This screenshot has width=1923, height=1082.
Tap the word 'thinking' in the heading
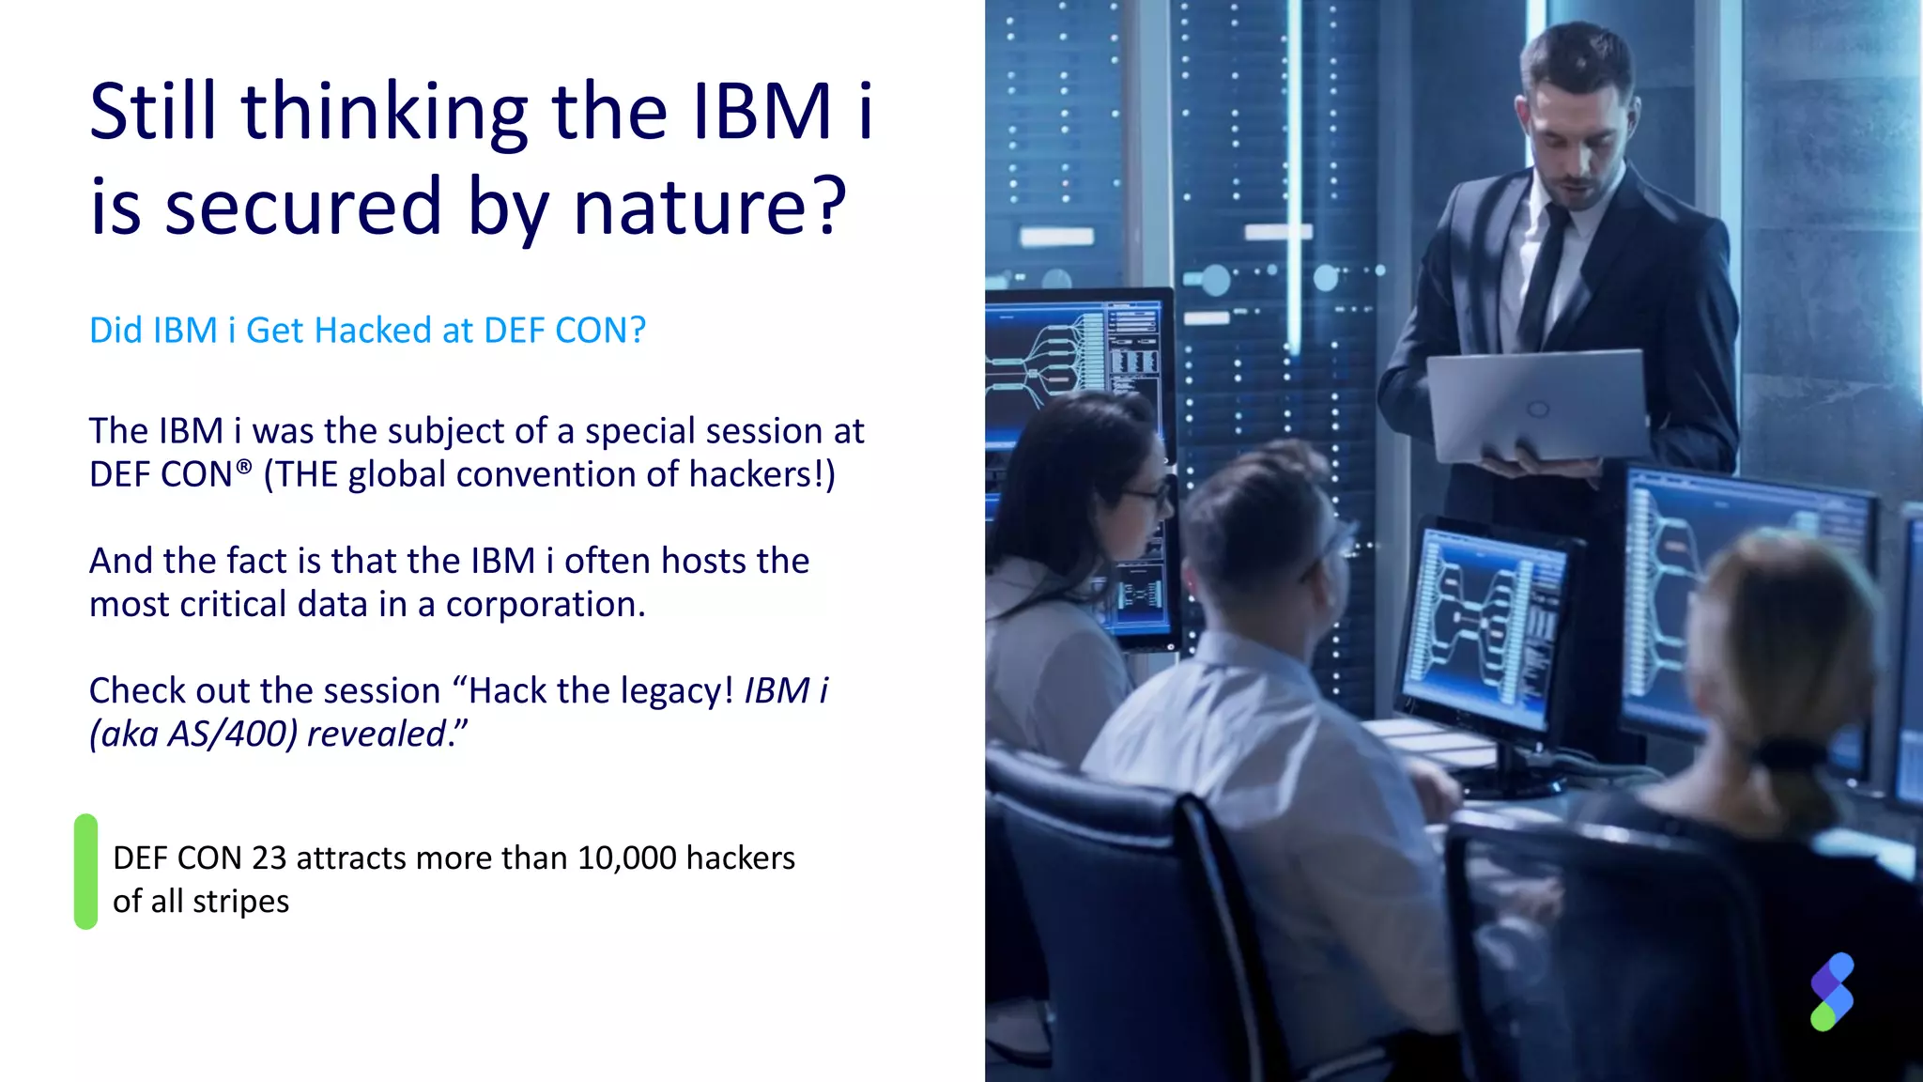[385, 114]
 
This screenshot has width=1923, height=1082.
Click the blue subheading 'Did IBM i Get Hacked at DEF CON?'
[367, 331]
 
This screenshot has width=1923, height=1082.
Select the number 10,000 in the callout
[626, 858]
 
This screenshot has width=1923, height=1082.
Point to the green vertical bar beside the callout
[85, 872]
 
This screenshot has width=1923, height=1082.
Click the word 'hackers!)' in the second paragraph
[762, 475]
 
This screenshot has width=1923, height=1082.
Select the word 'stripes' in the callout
[240, 902]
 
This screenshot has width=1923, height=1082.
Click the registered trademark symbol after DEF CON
[244, 466]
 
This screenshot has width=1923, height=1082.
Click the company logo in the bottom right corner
[1832, 992]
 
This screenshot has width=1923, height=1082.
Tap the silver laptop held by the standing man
[1536, 405]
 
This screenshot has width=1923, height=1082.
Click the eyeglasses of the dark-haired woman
[1147, 495]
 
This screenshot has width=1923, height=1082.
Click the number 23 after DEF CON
[269, 858]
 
